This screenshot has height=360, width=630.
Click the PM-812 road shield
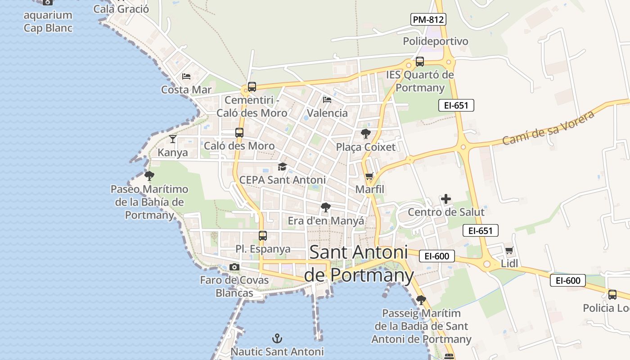pyautogui.click(x=428, y=19)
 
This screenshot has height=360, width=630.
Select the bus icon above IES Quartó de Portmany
pyautogui.click(x=420, y=62)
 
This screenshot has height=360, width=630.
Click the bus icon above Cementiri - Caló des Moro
pyautogui.click(x=252, y=87)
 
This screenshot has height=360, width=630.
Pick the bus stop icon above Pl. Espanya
pyautogui.click(x=263, y=235)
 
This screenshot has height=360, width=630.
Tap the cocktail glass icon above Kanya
pyautogui.click(x=173, y=139)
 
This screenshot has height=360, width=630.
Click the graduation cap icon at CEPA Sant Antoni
pyautogui.click(x=282, y=167)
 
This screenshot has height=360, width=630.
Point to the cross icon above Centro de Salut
pyautogui.click(x=446, y=199)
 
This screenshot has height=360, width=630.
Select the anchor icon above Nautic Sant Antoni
pyautogui.click(x=278, y=338)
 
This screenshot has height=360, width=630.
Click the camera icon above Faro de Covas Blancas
pyautogui.click(x=234, y=267)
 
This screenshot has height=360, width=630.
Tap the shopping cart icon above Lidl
pyautogui.click(x=509, y=251)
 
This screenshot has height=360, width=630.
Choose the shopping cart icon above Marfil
pyautogui.click(x=369, y=176)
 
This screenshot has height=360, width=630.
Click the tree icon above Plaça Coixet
pyautogui.click(x=365, y=134)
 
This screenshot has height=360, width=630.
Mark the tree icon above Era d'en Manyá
pyautogui.click(x=326, y=207)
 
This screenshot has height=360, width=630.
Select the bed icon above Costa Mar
pyautogui.click(x=186, y=76)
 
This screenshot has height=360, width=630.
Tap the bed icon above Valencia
pyautogui.click(x=327, y=99)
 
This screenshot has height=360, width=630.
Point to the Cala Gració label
pyautogui.click(x=121, y=9)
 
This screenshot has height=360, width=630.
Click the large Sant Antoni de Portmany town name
pyautogui.click(x=359, y=264)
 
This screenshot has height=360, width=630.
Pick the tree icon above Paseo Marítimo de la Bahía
pyautogui.click(x=149, y=175)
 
